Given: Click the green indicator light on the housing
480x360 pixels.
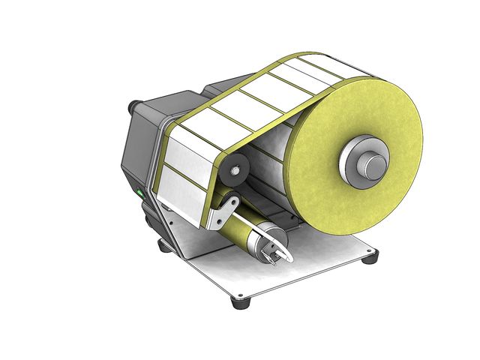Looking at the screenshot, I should [x=139, y=194].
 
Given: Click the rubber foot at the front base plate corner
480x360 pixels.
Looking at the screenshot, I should [x=241, y=302].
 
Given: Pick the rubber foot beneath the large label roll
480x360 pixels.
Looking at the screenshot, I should [x=369, y=258].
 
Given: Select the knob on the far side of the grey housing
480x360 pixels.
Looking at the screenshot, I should [x=133, y=106].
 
